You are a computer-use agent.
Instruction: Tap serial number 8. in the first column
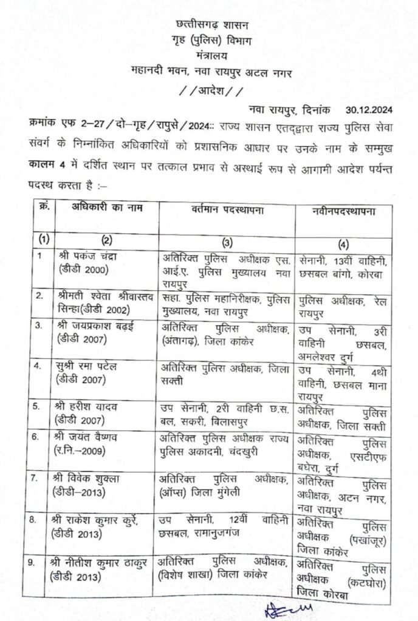pos(39,520)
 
